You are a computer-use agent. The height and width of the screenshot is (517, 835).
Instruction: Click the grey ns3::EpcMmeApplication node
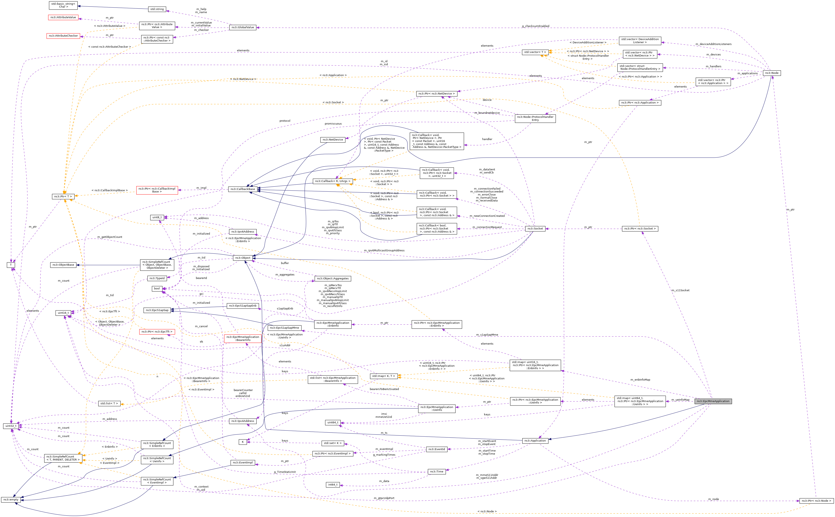coord(713,401)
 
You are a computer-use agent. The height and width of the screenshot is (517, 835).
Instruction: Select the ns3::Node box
coord(771,73)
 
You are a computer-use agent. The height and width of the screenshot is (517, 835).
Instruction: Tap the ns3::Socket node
coord(535,228)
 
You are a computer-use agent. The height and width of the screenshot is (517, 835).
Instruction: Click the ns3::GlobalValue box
coord(243,27)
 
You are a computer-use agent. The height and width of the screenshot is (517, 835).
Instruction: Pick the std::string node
coord(157,9)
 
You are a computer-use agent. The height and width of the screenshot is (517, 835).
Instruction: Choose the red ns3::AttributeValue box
coord(63,17)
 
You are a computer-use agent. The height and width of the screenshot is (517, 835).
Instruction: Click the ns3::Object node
coord(243,258)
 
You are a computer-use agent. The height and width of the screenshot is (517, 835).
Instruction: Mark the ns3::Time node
coord(437,472)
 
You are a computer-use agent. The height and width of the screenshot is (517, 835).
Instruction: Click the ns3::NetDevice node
coord(333,139)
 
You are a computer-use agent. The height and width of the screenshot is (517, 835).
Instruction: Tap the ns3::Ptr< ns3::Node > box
coord(816,501)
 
